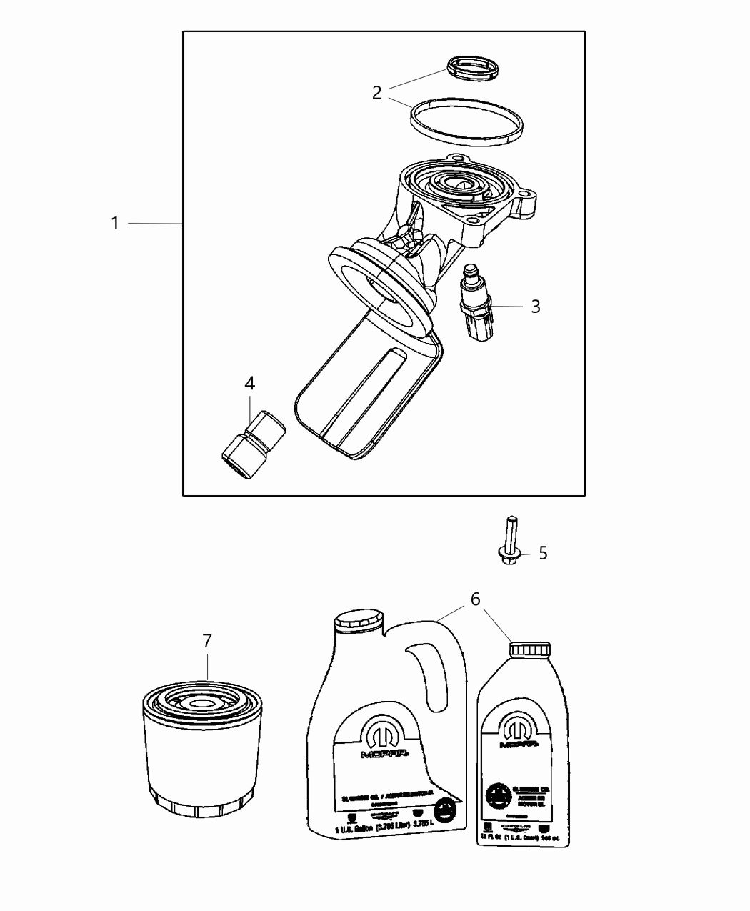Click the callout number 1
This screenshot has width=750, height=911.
point(115,224)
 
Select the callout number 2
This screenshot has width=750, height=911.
point(377,92)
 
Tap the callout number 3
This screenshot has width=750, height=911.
point(535,307)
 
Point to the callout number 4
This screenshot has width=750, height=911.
point(249,384)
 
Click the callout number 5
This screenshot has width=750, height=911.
point(543,553)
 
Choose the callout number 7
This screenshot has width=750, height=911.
point(207,641)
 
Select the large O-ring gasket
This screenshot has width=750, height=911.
point(466,122)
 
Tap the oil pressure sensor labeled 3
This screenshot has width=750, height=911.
point(473,304)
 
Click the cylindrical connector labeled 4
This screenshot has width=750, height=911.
point(254,444)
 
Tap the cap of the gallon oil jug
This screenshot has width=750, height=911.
point(359,619)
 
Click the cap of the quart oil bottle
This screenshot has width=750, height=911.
point(530,647)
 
